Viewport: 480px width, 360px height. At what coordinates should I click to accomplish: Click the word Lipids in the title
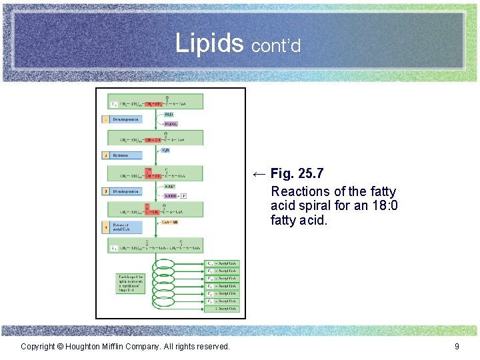tap(209, 43)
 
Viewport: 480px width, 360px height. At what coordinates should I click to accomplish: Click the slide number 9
tap(457, 346)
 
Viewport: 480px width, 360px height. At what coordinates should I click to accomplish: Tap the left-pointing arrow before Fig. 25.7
tap(259, 174)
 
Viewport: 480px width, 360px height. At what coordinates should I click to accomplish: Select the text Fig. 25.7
tap(297, 174)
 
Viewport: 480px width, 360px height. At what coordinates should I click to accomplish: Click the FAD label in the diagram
tap(169, 114)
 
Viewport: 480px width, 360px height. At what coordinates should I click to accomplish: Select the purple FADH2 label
tap(171, 123)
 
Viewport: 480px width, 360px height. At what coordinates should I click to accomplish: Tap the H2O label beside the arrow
tap(166, 150)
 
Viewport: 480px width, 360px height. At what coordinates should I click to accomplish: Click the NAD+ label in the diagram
tap(169, 186)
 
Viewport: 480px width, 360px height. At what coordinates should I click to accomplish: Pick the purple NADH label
tap(171, 195)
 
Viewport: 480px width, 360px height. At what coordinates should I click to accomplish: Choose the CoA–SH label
tap(171, 222)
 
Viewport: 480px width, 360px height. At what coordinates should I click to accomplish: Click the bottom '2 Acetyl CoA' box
tap(223, 309)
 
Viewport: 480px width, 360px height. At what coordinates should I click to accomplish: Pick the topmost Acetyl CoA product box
tap(223, 263)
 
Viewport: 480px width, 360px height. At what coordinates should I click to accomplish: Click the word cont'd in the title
tap(276, 46)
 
